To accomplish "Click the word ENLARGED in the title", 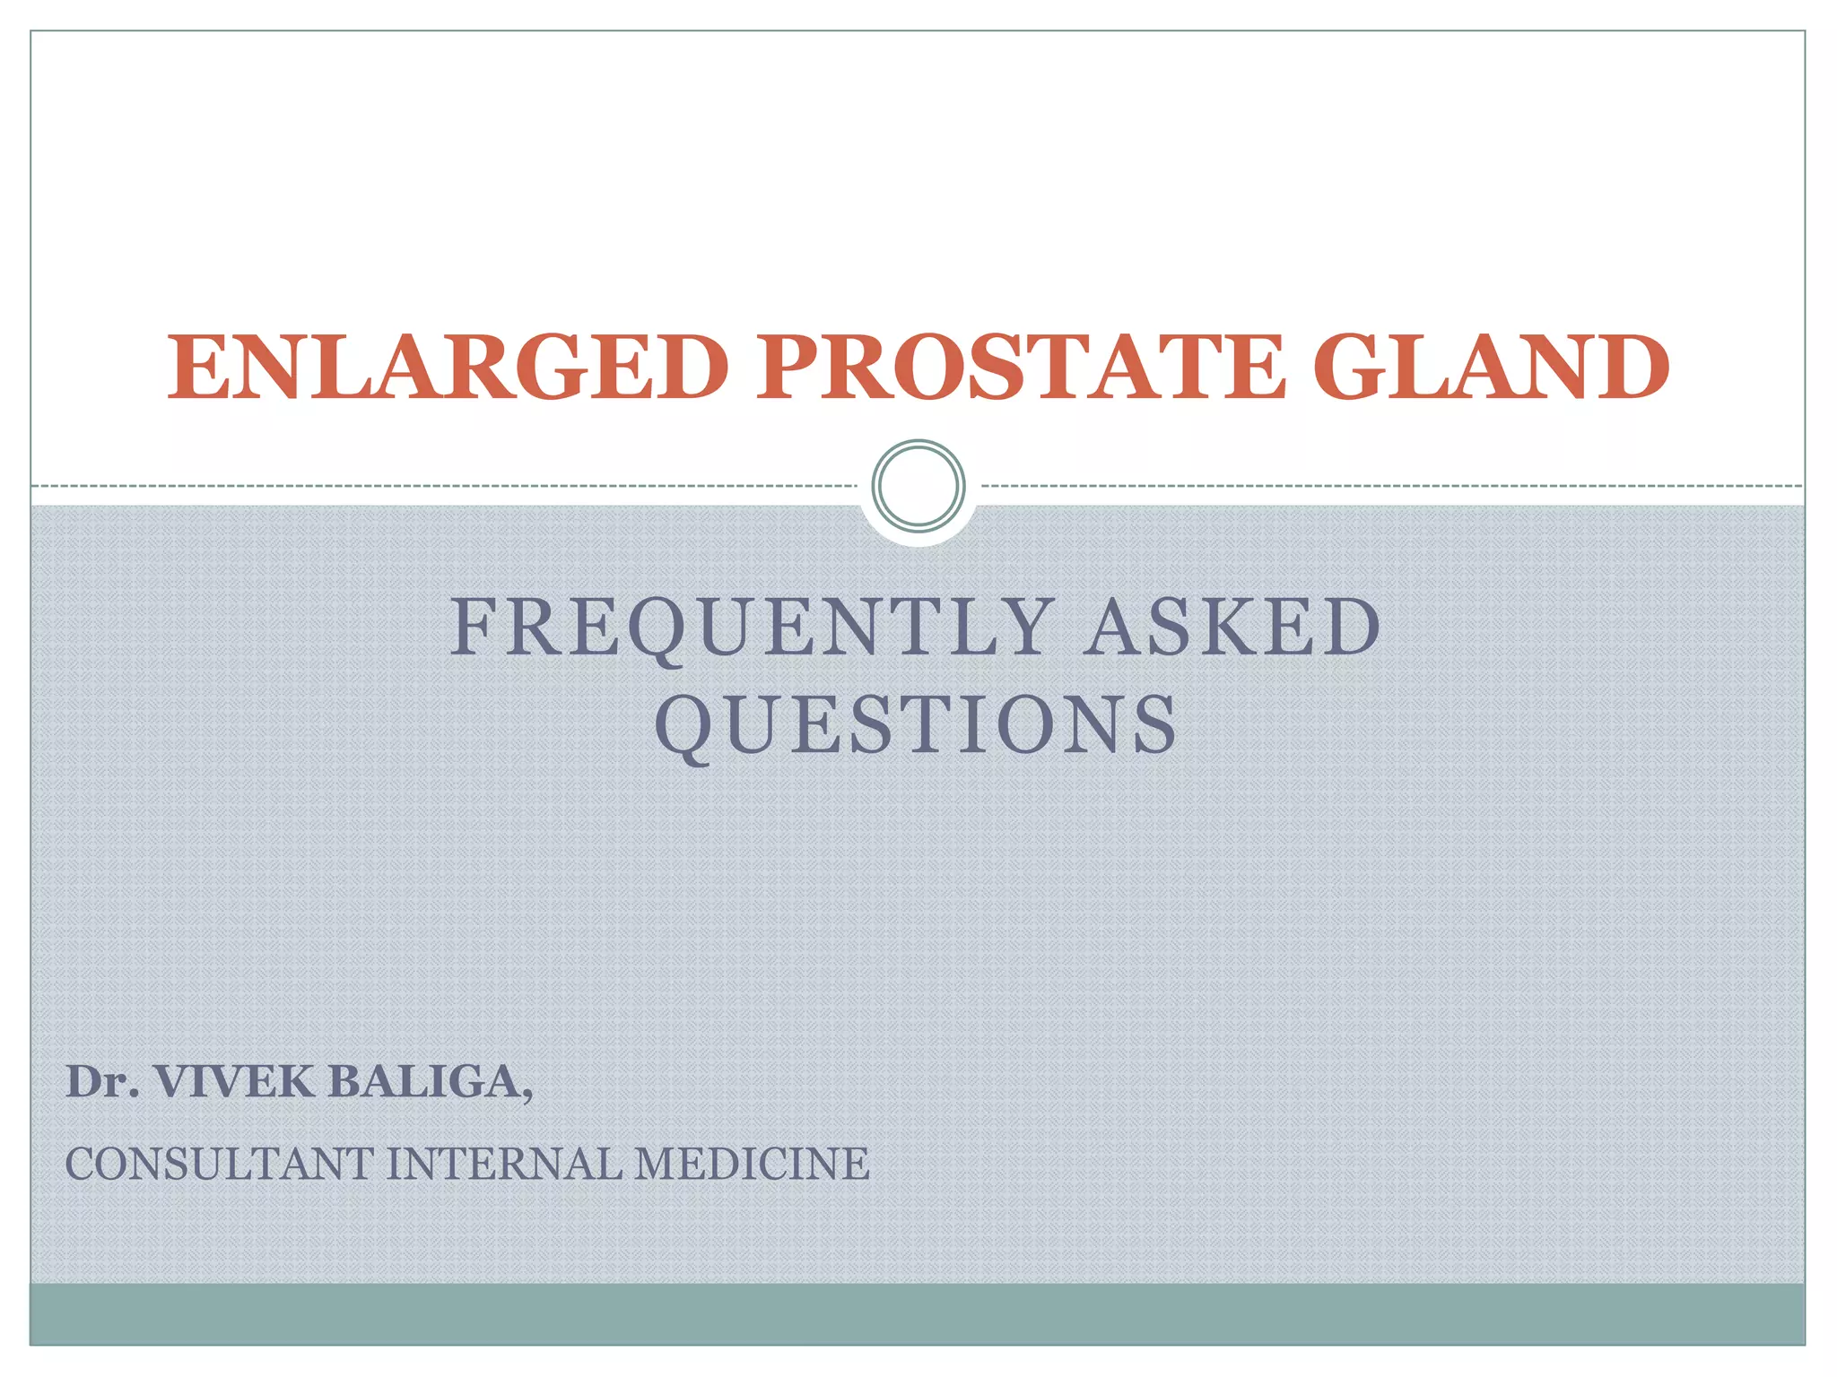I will pyautogui.click(x=447, y=368).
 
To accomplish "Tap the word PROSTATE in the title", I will pyautogui.click(x=1021, y=368).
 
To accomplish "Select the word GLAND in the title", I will pyautogui.click(x=1491, y=368).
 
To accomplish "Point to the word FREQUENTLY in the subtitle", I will pyautogui.click(x=752, y=628).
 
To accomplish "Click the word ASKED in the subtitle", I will pyautogui.click(x=1232, y=628).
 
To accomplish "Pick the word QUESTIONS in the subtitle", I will pyautogui.click(x=917, y=724).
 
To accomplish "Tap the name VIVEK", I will pyautogui.click(x=235, y=1082).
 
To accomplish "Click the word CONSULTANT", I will pyautogui.click(x=219, y=1165).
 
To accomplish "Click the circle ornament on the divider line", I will pyautogui.click(x=918, y=485).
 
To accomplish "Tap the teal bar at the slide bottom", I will pyautogui.click(x=918, y=1313).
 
